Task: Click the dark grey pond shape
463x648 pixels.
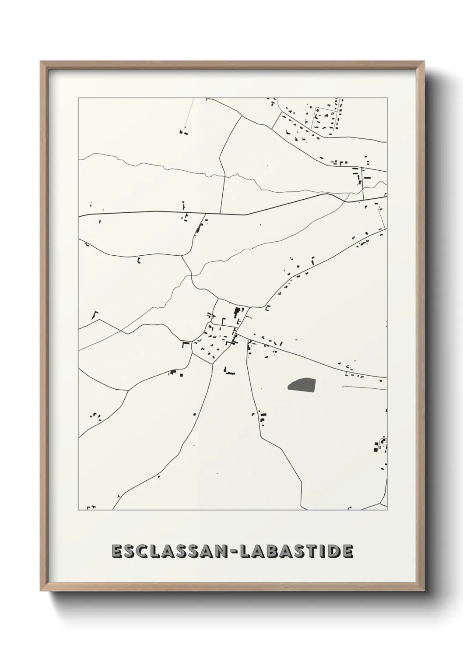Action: pos(302,384)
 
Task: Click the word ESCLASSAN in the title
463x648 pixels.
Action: pos(167,551)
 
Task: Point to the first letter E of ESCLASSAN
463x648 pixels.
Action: pos(117,551)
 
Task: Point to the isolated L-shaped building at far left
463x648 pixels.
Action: pos(94,314)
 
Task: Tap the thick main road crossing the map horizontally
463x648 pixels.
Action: pos(175,213)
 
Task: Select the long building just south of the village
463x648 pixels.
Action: pos(229,372)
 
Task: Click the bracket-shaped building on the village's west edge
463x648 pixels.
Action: pos(186,345)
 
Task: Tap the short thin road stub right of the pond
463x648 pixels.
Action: pos(363,387)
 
